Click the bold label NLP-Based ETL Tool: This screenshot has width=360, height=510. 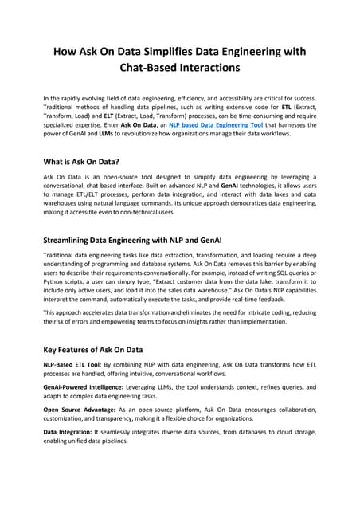74,363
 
